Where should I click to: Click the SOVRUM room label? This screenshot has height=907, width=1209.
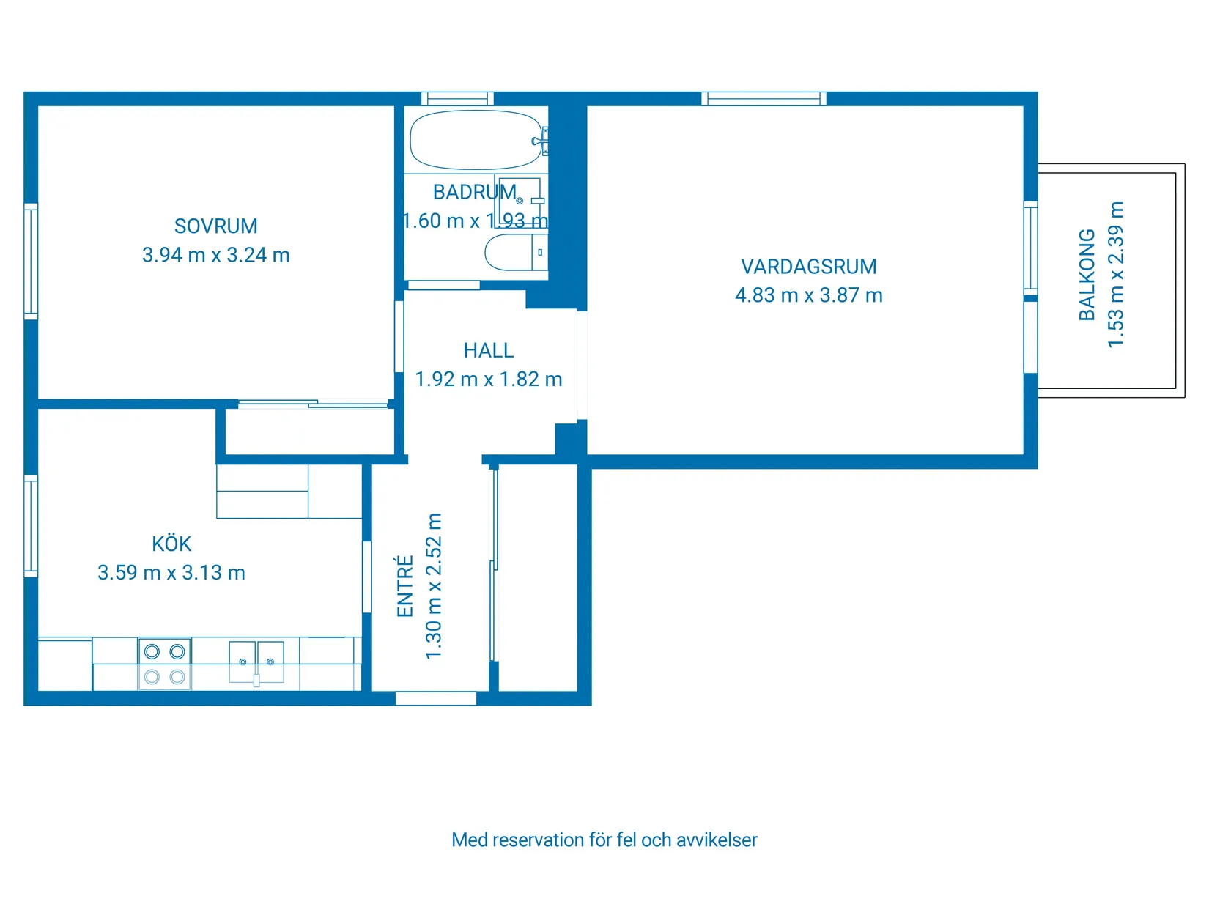(215, 226)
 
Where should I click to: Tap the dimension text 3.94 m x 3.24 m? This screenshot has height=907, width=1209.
(215, 255)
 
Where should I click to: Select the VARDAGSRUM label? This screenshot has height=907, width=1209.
(808, 267)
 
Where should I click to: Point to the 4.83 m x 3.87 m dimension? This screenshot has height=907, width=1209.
(808, 295)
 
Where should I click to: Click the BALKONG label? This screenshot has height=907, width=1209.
(1087, 275)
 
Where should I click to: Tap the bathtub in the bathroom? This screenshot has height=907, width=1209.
(475, 140)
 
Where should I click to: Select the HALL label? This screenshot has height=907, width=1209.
(488, 351)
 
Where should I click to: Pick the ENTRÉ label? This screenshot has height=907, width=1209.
(405, 586)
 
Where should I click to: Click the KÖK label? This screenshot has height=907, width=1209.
(171, 544)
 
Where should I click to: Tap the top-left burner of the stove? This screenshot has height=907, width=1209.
(152, 651)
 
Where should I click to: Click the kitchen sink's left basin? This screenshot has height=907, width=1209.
(243, 662)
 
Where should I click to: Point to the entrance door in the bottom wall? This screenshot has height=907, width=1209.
(436, 699)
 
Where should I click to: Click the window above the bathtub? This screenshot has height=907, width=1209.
(457, 98)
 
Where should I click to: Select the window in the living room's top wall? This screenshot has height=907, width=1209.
(764, 98)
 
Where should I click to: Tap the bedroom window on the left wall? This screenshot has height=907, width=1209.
(31, 262)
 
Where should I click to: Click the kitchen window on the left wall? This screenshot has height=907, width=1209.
(31, 525)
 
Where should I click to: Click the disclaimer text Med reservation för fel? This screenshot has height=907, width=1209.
(604, 840)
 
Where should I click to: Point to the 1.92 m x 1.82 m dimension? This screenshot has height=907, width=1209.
(488, 380)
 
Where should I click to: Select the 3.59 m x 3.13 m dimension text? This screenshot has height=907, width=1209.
(171, 573)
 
